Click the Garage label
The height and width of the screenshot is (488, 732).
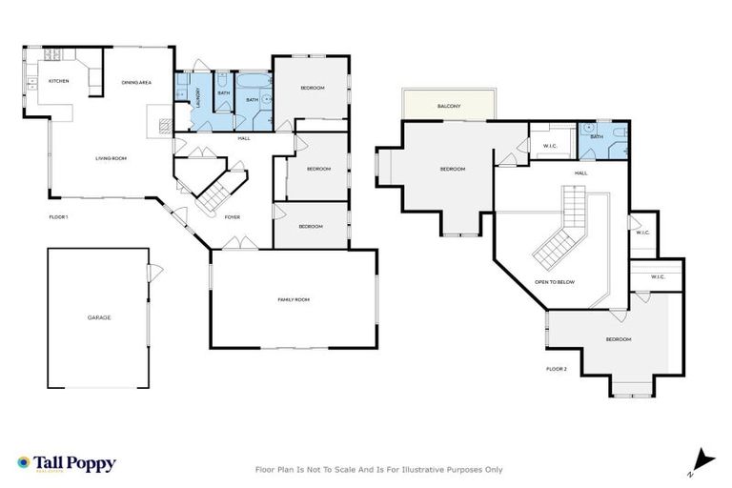[x=99, y=317]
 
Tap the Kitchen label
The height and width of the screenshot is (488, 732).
[x=59, y=81]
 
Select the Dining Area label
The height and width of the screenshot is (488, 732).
[x=136, y=83]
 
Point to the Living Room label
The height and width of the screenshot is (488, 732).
[x=112, y=158]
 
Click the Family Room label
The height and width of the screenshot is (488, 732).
[x=294, y=299]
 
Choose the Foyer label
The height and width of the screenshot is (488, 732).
[x=232, y=217]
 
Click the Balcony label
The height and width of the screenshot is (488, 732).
[x=450, y=106]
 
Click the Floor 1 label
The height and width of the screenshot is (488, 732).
[x=58, y=217]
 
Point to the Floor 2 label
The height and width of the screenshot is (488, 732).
[x=557, y=368]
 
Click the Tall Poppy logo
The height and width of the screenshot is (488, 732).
[x=66, y=463]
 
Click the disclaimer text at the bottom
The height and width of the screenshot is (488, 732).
[x=378, y=469]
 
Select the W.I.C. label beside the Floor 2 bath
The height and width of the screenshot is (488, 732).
[x=549, y=146]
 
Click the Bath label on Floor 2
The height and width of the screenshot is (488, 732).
[x=597, y=136]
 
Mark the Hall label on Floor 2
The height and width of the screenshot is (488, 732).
[x=580, y=173]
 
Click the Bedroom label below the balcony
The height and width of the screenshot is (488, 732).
[x=452, y=170]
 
